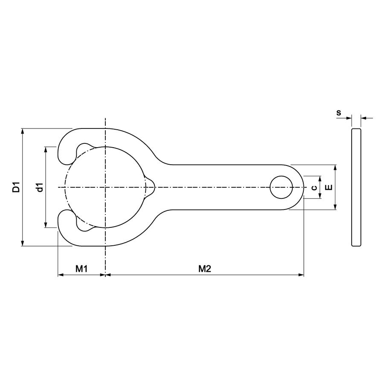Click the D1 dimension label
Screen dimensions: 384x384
16,187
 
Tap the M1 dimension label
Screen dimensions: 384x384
81,269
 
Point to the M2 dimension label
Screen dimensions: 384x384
204,269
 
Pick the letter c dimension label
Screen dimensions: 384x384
314,188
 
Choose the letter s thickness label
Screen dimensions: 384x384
339,113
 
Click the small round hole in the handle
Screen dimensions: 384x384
281,187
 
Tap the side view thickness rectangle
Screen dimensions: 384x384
356,187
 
